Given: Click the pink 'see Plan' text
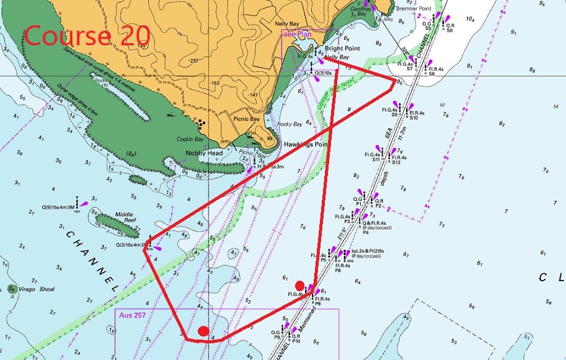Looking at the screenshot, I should pyautogui.click(x=296, y=34).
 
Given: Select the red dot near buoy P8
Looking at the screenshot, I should pyautogui.click(x=300, y=285).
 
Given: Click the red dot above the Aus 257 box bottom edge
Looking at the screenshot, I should pyautogui.click(x=203, y=331).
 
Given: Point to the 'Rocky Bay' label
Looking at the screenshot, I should pyautogui.click(x=290, y=124).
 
